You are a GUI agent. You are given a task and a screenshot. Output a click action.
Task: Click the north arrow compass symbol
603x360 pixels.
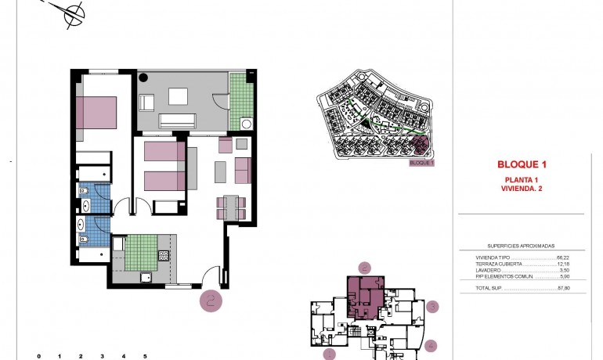74,13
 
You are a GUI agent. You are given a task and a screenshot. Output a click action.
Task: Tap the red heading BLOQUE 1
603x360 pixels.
521,164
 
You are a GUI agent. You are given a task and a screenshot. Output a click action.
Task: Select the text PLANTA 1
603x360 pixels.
521,180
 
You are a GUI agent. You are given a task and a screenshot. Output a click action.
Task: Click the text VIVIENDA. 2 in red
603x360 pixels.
521,189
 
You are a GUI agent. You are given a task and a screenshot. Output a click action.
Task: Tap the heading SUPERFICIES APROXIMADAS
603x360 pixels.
521,245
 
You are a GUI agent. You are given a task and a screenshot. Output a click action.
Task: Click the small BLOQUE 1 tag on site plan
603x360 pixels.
421,164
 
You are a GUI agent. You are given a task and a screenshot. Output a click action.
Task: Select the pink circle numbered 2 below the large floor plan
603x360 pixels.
210,301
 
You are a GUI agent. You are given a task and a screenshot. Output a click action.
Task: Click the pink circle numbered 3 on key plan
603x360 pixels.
431,307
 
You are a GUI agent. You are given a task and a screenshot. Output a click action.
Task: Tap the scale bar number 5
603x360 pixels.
145,356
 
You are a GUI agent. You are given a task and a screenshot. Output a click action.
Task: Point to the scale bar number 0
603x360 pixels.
38,356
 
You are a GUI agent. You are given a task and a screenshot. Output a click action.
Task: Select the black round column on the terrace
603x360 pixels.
144,77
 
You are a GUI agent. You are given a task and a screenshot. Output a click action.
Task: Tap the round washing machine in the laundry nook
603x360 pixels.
246,123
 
